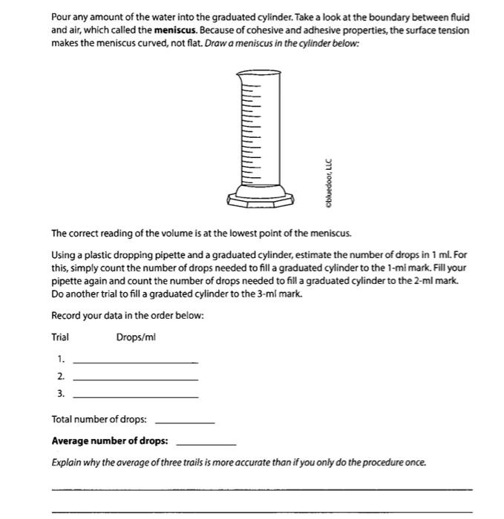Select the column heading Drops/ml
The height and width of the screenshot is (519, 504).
(136, 337)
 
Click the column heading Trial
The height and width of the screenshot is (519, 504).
(60, 337)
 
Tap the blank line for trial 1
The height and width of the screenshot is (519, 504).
(136, 362)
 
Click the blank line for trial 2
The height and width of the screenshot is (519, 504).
(136, 380)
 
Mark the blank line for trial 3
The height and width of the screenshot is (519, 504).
(136, 397)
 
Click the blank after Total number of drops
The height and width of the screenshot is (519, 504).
(184, 422)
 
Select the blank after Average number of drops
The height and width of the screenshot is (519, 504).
(206, 443)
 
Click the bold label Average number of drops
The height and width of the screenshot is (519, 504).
(109, 441)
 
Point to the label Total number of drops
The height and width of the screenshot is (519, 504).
(99, 420)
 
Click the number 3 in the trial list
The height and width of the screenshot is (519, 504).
(61, 394)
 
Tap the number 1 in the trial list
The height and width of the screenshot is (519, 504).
(61, 359)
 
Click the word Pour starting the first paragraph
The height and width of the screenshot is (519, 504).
(61, 17)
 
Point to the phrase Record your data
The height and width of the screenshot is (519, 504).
(88, 316)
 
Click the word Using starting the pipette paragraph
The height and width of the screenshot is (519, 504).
(64, 254)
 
